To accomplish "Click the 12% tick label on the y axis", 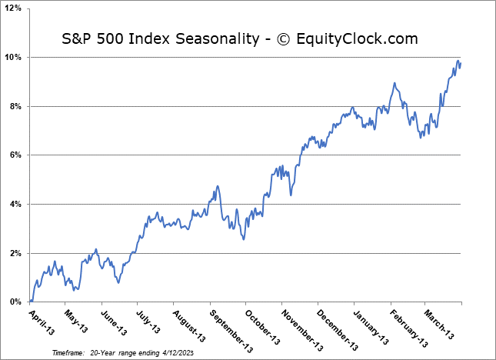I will click(15, 8).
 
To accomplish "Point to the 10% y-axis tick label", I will click(15, 58).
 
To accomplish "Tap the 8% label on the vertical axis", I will click(17, 106).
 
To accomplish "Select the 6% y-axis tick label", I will click(17, 155).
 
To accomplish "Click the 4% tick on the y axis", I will click(17, 204).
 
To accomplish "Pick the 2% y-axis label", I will click(17, 253).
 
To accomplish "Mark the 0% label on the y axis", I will click(17, 302).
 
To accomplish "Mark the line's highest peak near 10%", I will click(458, 61).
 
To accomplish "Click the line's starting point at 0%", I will click(30, 302).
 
